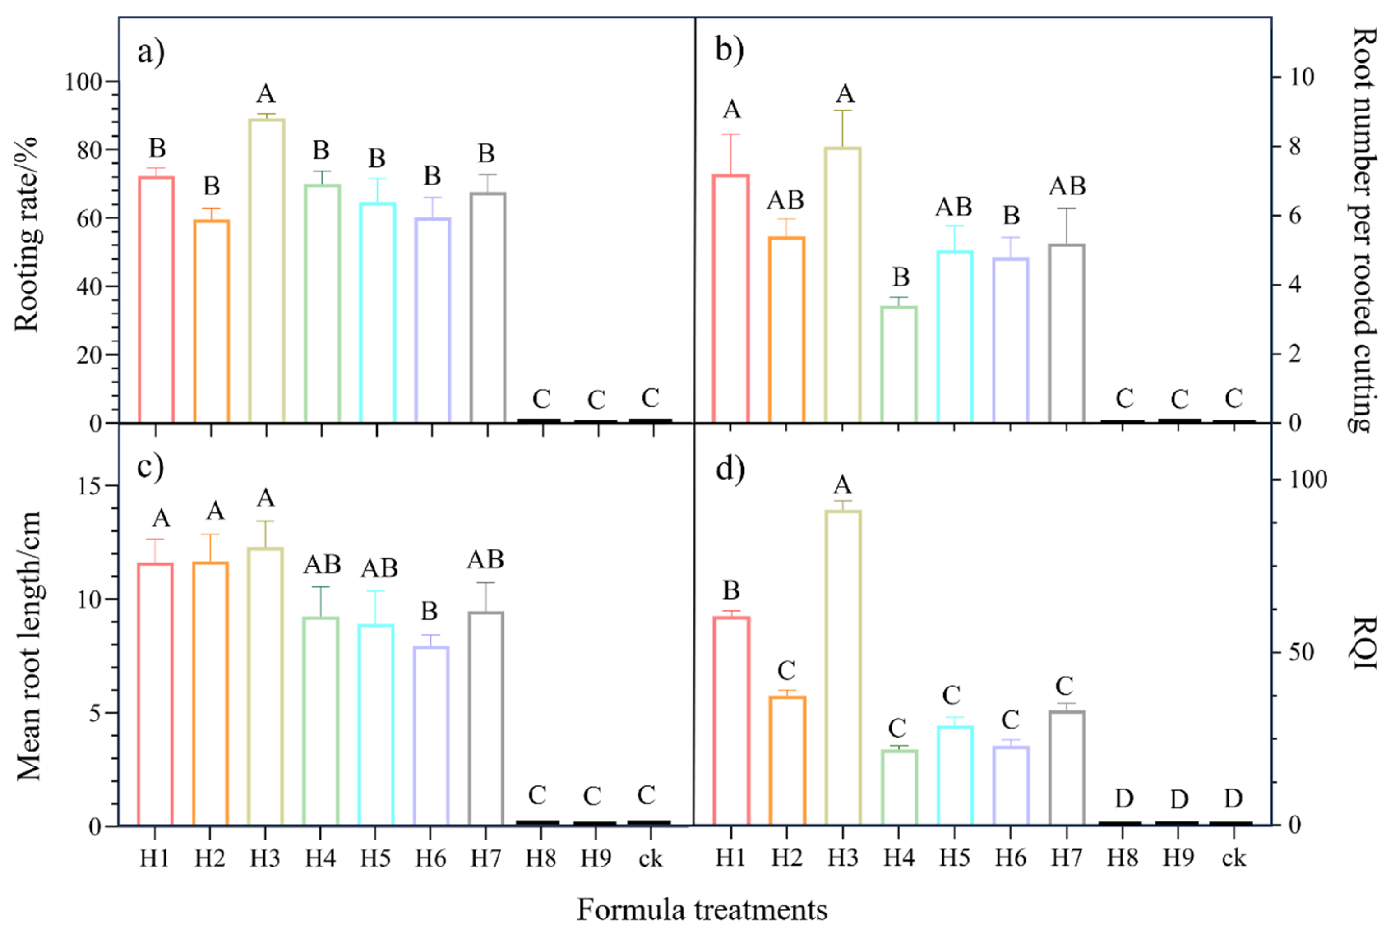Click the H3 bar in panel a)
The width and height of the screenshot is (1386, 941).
tap(267, 271)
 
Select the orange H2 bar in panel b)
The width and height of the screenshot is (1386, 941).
tap(787, 330)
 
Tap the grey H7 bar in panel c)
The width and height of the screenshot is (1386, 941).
tap(486, 719)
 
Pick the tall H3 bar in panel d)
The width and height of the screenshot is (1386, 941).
tap(843, 668)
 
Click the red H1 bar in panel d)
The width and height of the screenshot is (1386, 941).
tap(731, 721)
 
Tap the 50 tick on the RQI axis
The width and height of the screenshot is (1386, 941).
tap(1301, 652)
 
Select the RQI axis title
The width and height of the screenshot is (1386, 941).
tap(1363, 643)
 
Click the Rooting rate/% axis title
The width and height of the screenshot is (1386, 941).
tap(27, 235)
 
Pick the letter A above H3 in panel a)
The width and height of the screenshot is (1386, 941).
tap(266, 94)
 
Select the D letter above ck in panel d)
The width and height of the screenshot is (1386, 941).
tap(1234, 798)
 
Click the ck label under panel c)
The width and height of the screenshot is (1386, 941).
tap(650, 859)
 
